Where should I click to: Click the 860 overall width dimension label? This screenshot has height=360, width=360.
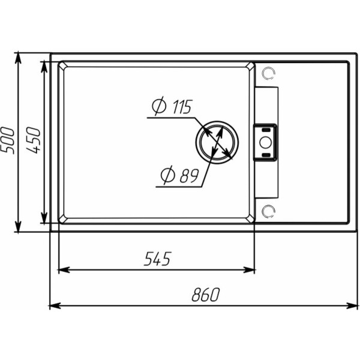pos(206,295)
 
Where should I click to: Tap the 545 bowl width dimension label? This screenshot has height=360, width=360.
pos(158,259)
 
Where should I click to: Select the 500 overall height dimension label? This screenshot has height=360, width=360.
pos(7,140)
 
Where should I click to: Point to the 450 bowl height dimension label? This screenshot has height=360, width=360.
pos(34,140)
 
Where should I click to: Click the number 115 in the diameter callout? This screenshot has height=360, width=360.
pos(182,107)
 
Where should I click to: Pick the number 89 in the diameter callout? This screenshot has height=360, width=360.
pos(189,176)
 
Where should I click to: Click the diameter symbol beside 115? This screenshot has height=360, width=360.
pos(159,106)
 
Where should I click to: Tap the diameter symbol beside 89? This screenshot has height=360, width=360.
pos(168,175)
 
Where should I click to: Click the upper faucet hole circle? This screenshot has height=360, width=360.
pos(268,73)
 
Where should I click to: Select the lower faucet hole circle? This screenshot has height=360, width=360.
pos(268,211)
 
